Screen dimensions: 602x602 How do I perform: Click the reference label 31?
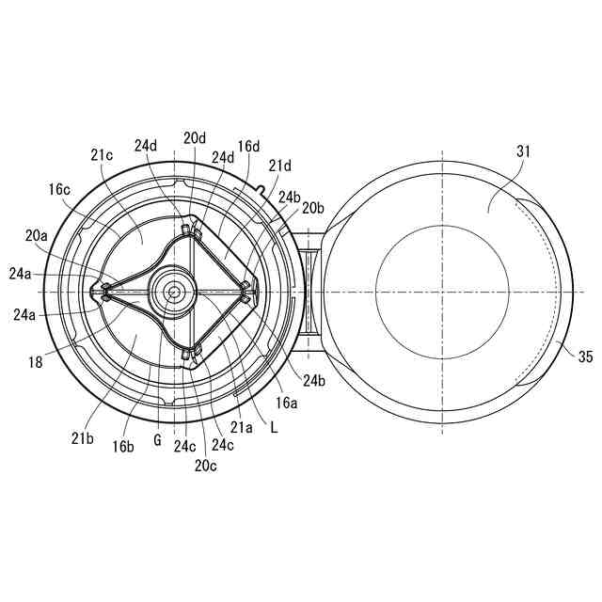(x=523, y=151)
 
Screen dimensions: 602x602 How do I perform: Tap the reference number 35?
(x=585, y=357)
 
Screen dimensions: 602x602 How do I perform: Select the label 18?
(x=36, y=362)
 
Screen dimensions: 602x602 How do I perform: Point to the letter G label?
(x=157, y=440)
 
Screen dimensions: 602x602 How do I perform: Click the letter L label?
(x=274, y=428)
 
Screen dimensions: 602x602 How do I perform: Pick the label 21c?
(x=102, y=154)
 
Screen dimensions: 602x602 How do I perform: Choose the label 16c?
(x=59, y=189)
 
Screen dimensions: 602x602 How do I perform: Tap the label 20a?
(x=37, y=235)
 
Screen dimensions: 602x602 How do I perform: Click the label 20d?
(x=195, y=138)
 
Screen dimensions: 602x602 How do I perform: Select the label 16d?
(x=248, y=147)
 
